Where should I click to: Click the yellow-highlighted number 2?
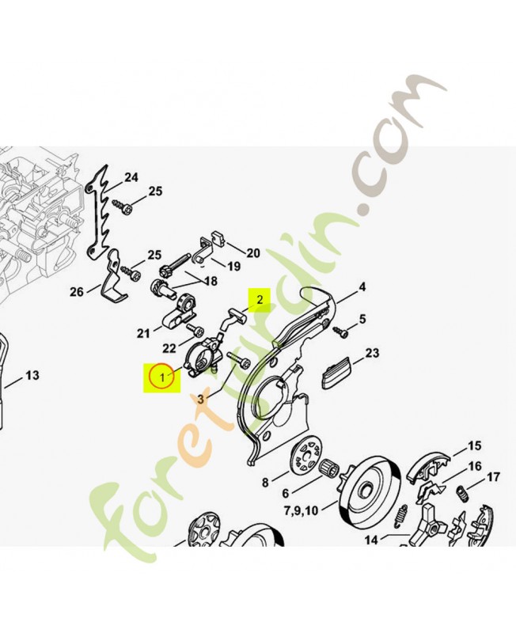click(x=259, y=299)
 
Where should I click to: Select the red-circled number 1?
click(x=161, y=377)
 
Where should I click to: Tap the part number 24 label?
click(x=131, y=177)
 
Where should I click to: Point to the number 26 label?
click(x=76, y=292)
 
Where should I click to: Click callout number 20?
click(x=252, y=253)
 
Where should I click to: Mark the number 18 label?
click(x=210, y=282)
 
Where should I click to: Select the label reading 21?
click(x=143, y=332)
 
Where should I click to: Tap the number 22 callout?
click(x=169, y=349)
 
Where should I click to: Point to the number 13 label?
click(x=32, y=375)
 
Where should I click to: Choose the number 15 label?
click(x=474, y=445)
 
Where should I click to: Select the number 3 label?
click(x=200, y=400)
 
